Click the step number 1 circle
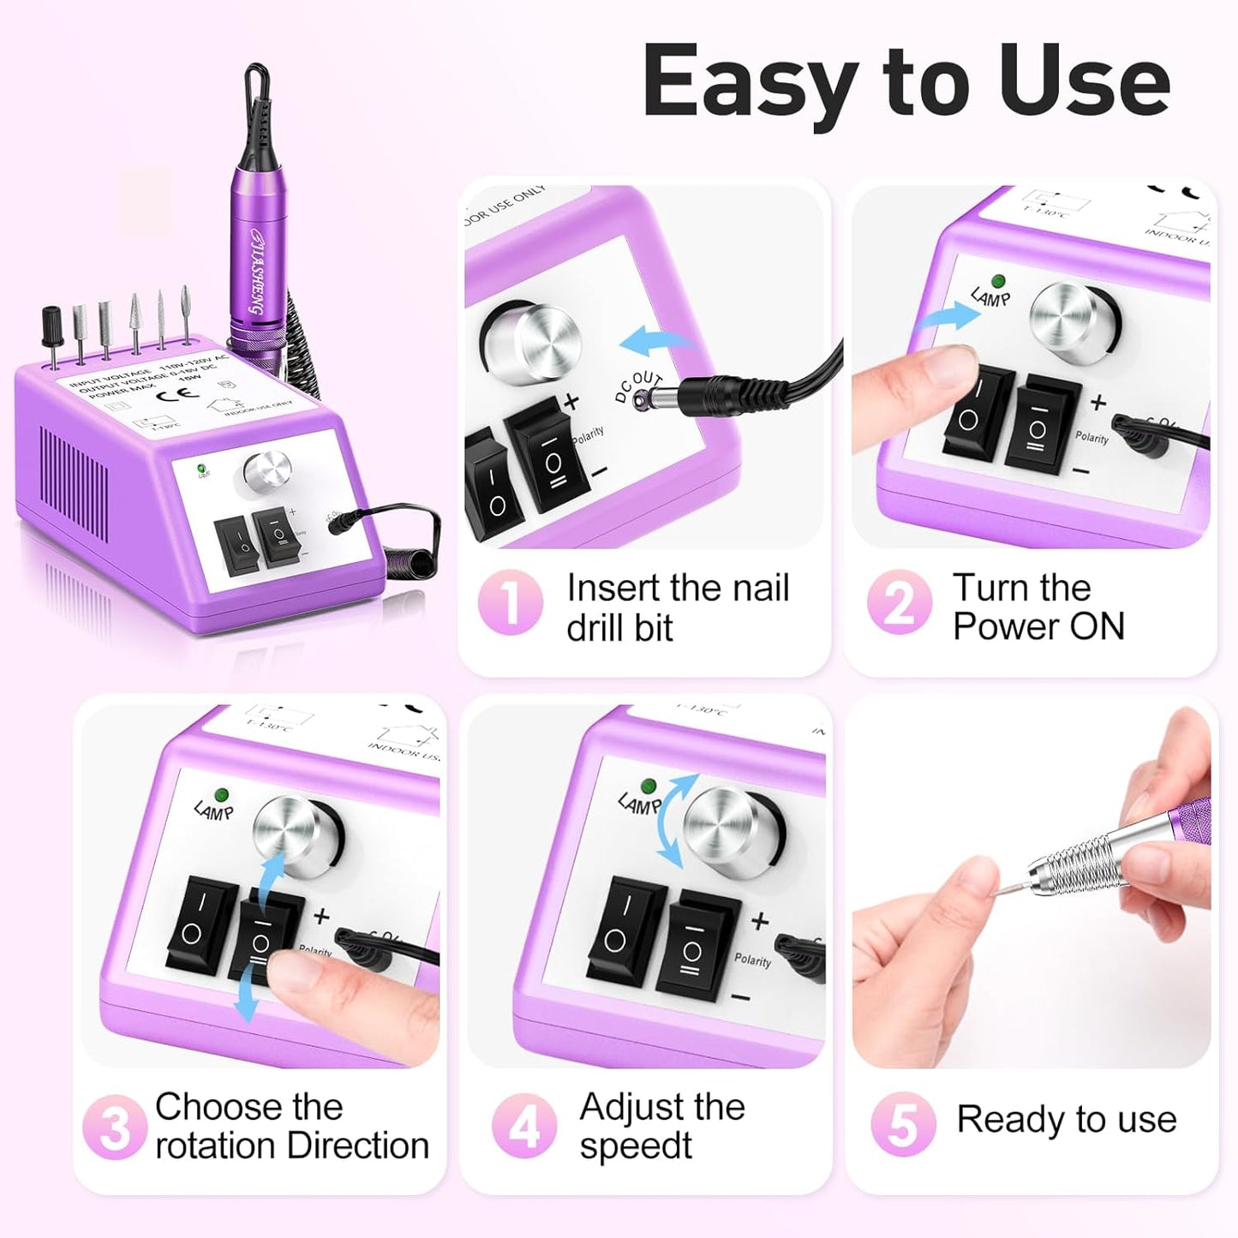(x=510, y=602)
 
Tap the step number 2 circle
(x=899, y=602)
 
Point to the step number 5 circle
(x=903, y=1123)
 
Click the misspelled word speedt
(x=635, y=1146)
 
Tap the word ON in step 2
(x=1097, y=626)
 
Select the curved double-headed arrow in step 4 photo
(x=673, y=820)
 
